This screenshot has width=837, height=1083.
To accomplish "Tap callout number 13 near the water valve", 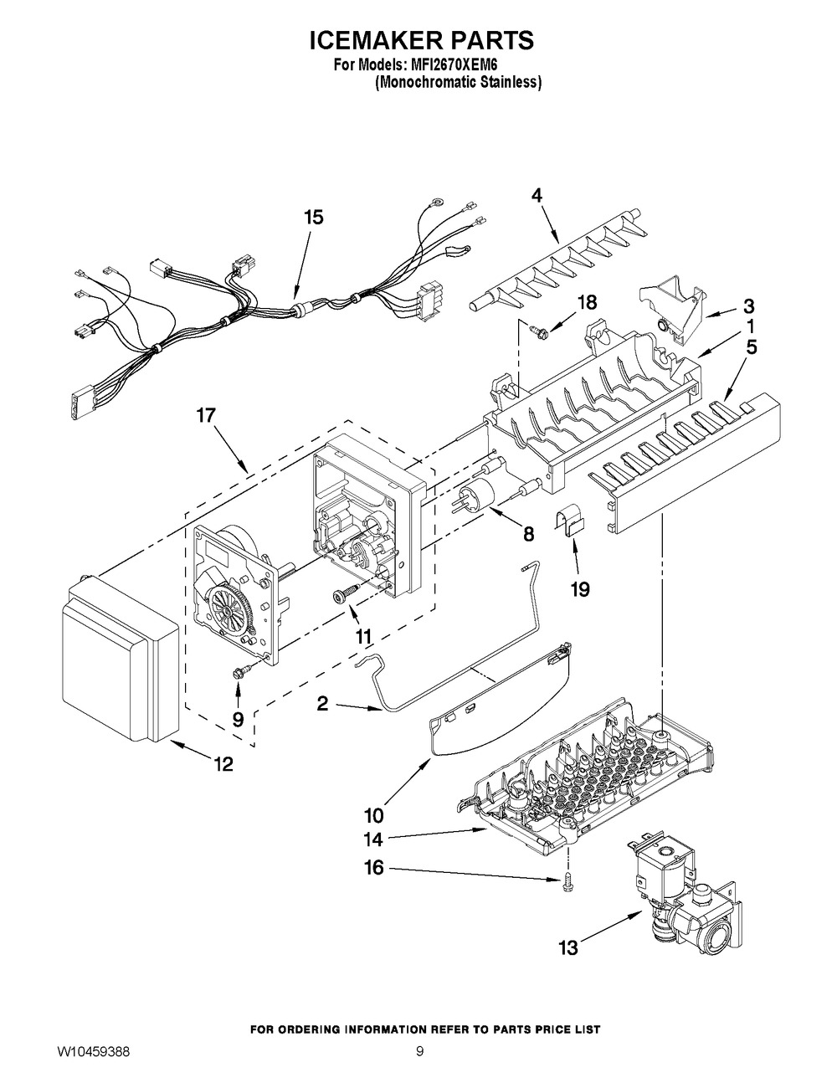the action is point(568,947).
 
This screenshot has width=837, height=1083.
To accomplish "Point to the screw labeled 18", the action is point(537,328).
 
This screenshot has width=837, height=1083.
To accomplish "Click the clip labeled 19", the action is point(569,521).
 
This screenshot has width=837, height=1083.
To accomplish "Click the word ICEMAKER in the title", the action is point(367,40).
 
